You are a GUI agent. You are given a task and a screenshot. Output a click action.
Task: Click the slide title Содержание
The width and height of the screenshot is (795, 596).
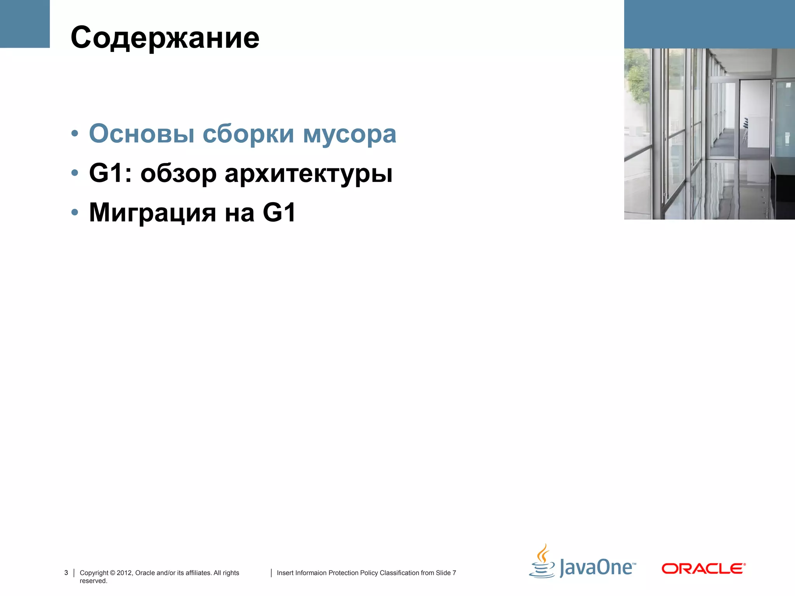165,38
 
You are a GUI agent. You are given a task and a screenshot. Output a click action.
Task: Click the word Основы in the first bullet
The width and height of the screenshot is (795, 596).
142,133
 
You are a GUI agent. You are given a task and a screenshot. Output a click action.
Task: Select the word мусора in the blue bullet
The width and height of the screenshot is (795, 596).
349,133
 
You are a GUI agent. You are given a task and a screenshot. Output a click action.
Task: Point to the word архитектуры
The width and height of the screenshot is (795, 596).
309,173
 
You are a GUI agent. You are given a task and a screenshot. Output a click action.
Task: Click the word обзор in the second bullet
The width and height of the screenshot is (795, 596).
178,173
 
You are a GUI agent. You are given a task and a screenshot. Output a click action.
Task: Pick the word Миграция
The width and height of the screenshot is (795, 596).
153,213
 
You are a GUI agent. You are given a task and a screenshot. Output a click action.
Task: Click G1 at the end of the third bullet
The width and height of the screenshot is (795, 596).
279,213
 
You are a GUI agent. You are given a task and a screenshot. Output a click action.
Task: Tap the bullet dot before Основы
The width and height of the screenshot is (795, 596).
75,134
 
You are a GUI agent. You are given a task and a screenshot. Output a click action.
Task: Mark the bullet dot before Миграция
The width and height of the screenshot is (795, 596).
75,213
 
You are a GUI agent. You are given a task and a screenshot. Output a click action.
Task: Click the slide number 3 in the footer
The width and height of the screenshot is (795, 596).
66,573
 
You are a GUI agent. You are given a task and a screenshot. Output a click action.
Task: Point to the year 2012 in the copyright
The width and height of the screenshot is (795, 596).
124,573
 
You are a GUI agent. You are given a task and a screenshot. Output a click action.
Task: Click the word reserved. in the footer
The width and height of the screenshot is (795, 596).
94,581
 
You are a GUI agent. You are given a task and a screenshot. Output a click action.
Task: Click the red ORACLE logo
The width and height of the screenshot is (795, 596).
703,569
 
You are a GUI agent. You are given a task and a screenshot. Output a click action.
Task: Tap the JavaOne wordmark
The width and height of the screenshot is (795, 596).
597,568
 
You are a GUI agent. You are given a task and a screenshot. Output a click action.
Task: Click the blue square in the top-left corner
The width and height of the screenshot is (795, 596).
25,24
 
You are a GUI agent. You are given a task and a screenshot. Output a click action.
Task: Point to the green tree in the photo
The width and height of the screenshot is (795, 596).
637,78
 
